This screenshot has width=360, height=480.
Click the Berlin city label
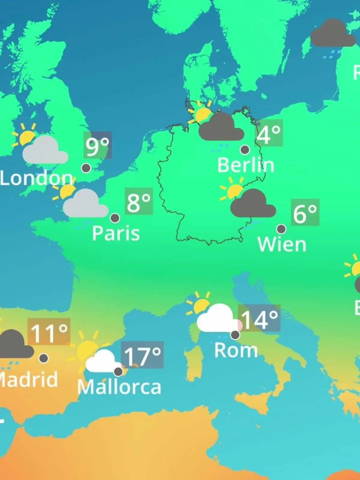click(x=245, y=165)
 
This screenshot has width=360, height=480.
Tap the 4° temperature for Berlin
click(x=269, y=133)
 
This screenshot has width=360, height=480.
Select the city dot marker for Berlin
click(x=245, y=149)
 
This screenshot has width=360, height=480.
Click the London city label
click(x=36, y=178)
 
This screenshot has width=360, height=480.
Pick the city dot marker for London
click(x=86, y=168)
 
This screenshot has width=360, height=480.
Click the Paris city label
click(x=116, y=233)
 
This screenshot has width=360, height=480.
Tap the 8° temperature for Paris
click(x=139, y=202)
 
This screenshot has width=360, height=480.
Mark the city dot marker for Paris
click(x=115, y=218)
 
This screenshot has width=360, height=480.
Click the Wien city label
click(x=282, y=244)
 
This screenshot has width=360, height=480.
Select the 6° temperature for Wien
click(x=305, y=213)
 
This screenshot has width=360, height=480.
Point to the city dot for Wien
click(x=281, y=229)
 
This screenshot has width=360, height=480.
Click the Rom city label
click(x=236, y=350)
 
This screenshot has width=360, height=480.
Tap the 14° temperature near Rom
click(x=259, y=319)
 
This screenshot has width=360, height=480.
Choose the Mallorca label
click(x=119, y=387)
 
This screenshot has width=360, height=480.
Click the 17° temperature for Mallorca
click(x=142, y=355)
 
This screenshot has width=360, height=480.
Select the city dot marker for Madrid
click(x=43, y=358)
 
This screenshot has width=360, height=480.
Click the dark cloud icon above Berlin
click(x=221, y=127)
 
